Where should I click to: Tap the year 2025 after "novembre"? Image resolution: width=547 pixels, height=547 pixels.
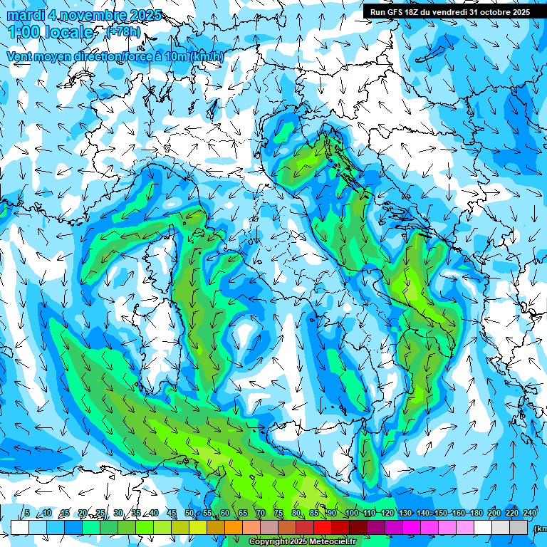pos(141,15)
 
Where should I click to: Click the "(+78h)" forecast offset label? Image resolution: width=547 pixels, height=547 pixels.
pos(123,32)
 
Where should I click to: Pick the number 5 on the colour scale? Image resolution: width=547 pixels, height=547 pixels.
pos(27,514)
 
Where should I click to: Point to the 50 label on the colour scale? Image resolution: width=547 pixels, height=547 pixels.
pos(189,514)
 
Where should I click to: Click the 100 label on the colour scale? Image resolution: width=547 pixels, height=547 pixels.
pos(352,514)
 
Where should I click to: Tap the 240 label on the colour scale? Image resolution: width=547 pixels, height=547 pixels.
pos(530,514)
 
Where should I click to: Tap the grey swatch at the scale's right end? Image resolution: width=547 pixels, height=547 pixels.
pos(519,527)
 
